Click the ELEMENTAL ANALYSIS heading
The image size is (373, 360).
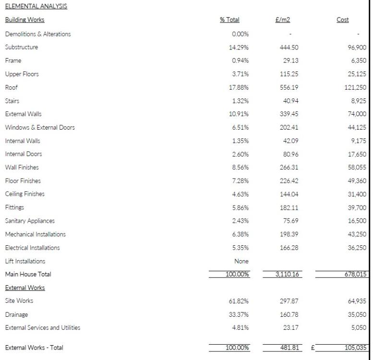pos(36,6)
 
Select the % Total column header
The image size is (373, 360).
pos(229,20)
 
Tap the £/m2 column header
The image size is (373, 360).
pos(283,20)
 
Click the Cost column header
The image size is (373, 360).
pos(343,20)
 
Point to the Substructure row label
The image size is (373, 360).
pos(22,47)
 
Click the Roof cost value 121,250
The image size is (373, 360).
pos(355,87)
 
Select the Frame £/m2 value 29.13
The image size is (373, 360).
pos(291,60)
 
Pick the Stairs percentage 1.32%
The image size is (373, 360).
pos(240,101)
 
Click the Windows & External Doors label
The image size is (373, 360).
pos(40,128)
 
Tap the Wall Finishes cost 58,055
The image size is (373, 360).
pos(357,168)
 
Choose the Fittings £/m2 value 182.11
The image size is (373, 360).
pos(289,208)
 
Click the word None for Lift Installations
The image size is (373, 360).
pos(241,261)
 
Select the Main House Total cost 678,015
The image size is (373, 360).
pos(355,274)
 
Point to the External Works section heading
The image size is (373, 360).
pos(25,288)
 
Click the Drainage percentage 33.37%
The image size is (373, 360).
pos(239,314)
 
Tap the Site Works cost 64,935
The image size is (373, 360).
pos(357,301)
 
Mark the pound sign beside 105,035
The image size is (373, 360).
pos(313,348)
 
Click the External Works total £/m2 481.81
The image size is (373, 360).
pos(289,348)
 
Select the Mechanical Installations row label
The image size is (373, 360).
pos(36,234)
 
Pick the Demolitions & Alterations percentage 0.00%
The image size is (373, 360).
pos(240,34)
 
